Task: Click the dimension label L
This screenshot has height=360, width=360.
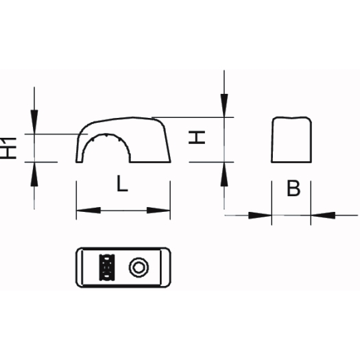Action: click(122, 184)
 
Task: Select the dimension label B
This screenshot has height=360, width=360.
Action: click(293, 189)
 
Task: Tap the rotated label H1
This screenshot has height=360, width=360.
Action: click(8, 148)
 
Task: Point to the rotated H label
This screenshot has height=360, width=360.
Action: click(197, 137)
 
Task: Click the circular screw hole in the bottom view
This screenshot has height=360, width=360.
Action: click(139, 267)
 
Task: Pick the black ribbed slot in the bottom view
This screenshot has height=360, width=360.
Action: click(107, 267)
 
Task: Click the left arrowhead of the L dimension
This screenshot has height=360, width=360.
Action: click(88, 210)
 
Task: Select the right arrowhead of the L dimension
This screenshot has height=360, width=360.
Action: click(158, 210)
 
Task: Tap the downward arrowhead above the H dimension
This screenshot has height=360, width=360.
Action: click(224, 106)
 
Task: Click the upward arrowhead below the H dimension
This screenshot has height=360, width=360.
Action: click(224, 174)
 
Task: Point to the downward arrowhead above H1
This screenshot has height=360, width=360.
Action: click(34, 121)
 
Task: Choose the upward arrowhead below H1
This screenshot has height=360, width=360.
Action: click(34, 174)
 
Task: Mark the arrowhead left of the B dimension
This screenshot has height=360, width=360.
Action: click(260, 215)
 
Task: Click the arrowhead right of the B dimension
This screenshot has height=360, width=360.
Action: click(323, 215)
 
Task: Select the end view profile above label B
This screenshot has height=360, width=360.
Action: click(291, 139)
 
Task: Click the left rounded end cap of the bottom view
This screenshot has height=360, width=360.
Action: click(80, 267)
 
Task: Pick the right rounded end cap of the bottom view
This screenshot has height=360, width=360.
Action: click(166, 267)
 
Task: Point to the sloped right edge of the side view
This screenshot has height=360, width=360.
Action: click(167, 144)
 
